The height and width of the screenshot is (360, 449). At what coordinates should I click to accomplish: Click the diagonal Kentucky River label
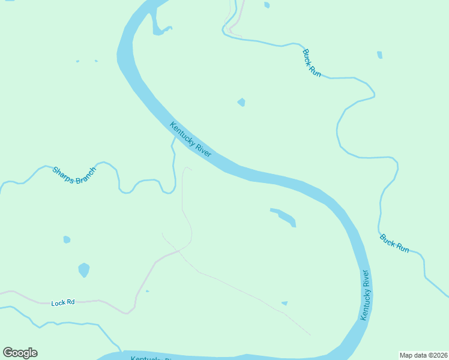coord(191,140)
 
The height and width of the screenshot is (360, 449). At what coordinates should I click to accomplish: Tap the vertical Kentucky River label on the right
coord(365,295)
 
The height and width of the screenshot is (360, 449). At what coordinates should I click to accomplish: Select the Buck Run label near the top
coord(312,62)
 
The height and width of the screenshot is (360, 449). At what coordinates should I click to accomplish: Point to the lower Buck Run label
coord(394,243)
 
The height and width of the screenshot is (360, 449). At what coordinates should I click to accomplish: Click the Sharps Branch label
coord(74,175)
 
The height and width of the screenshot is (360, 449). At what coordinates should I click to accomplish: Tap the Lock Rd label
coord(62,303)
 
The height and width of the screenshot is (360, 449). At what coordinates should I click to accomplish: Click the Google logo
coord(20,353)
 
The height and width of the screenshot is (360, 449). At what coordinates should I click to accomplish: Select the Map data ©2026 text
coord(423,355)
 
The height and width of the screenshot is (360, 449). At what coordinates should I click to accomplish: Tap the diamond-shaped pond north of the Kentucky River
coord(241,102)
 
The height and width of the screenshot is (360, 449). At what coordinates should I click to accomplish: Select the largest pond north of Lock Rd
coord(83,269)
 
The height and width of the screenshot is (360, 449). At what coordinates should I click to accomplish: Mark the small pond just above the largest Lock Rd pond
coord(67,239)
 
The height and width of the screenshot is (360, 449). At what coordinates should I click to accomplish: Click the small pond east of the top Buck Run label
coord(379,55)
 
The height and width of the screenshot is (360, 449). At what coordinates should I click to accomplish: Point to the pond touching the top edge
coord(267,5)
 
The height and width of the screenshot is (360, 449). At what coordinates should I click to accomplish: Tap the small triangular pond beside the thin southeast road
coord(285,303)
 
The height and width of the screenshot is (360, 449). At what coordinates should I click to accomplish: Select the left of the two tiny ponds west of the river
coord(77,61)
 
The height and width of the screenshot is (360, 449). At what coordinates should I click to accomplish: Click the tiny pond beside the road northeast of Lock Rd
coord(148,291)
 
